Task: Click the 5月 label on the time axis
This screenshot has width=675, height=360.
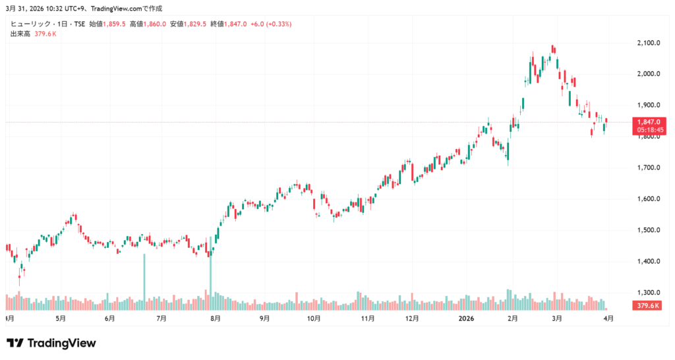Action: click(x=61, y=318)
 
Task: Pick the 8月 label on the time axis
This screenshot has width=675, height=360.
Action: click(x=215, y=318)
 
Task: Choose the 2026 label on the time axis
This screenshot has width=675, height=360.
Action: click(x=466, y=318)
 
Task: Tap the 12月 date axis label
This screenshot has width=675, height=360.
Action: click(x=412, y=318)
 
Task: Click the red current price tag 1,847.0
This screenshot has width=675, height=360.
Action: click(x=649, y=121)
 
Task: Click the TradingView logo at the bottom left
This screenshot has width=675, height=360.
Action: click(x=51, y=343)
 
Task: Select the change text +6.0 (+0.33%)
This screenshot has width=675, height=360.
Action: click(x=271, y=24)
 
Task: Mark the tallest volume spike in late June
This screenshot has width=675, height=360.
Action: click(x=144, y=277)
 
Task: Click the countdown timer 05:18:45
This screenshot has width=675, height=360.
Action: click(x=649, y=131)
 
